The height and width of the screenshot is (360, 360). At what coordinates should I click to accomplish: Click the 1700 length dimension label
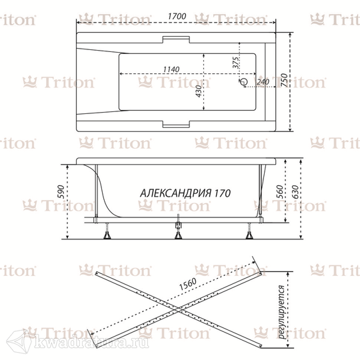tap(177, 16)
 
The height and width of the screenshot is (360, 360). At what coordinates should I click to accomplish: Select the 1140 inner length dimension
tap(171, 69)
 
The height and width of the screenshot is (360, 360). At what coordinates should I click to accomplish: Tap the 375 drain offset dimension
tap(236, 63)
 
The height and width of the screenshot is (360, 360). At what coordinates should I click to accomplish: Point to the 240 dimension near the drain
tap(263, 82)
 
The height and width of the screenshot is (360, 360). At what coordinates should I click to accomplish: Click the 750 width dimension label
tap(284, 80)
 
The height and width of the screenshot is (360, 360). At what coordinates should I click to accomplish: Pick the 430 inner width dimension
tap(199, 91)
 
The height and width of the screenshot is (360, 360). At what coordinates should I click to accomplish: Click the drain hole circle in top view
tap(243, 81)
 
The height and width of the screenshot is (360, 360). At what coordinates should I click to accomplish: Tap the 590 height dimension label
tap(61, 191)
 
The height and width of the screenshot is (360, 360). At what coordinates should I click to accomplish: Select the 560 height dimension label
tap(279, 191)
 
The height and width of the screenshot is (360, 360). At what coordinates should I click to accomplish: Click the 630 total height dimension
tap(295, 191)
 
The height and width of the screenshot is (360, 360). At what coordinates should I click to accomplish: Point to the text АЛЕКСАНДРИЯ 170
tap(185, 193)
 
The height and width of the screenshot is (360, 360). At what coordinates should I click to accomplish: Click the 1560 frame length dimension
tap(188, 284)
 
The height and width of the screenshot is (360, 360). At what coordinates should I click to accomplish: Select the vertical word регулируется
tap(282, 312)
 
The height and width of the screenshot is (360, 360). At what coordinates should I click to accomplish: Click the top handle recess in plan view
tap(176, 39)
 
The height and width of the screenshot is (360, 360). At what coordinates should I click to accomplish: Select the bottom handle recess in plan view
tap(176, 124)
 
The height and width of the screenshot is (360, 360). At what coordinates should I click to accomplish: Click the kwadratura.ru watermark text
tap(91, 343)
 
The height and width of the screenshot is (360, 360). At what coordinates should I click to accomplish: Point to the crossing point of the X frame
tap(179, 310)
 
